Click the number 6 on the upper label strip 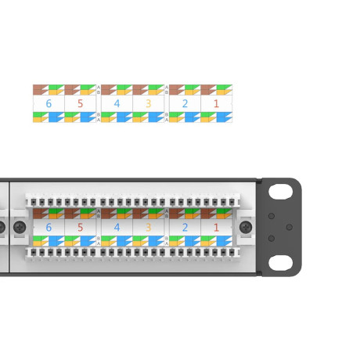coord(49,103)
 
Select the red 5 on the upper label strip coord(79,103)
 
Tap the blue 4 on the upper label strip coord(117,103)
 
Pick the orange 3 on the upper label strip coord(147,103)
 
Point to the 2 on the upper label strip coord(185,103)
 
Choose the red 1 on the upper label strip coord(216,103)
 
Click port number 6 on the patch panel coord(49,227)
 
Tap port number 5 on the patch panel coord(79,227)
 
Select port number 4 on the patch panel coord(117,227)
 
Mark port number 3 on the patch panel coord(147,227)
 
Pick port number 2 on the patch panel coord(185,227)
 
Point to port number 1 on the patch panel coord(216,227)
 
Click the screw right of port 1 coord(246,226)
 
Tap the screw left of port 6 coord(20,226)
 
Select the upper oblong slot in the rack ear coord(280,192)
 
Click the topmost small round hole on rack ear coord(272,215)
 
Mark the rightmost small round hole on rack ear coord(289,227)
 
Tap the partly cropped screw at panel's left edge coord(2,228)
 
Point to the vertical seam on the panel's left coord(8,227)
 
